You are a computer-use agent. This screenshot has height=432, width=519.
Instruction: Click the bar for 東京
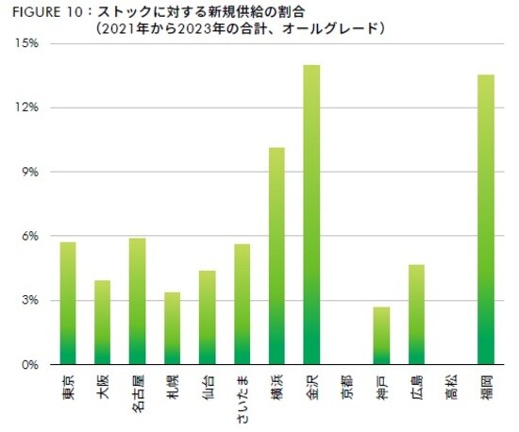(x=68, y=304)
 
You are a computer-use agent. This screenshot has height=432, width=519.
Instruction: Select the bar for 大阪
(x=103, y=323)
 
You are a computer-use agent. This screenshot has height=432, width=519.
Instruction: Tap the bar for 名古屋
(x=138, y=301)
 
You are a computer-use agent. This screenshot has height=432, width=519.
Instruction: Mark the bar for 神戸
(x=381, y=336)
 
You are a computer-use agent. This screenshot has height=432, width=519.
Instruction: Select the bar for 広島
(x=416, y=315)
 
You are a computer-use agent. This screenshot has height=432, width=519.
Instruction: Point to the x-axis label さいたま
(x=242, y=395)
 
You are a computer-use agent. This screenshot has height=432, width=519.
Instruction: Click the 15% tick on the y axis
(x=26, y=43)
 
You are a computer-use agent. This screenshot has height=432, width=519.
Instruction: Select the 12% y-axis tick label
(x=26, y=108)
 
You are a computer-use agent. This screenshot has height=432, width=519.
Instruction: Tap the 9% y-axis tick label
(x=29, y=172)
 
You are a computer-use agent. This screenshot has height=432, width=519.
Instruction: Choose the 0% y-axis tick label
(x=29, y=364)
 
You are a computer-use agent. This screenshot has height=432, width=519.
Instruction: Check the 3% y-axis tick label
(x=29, y=300)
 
